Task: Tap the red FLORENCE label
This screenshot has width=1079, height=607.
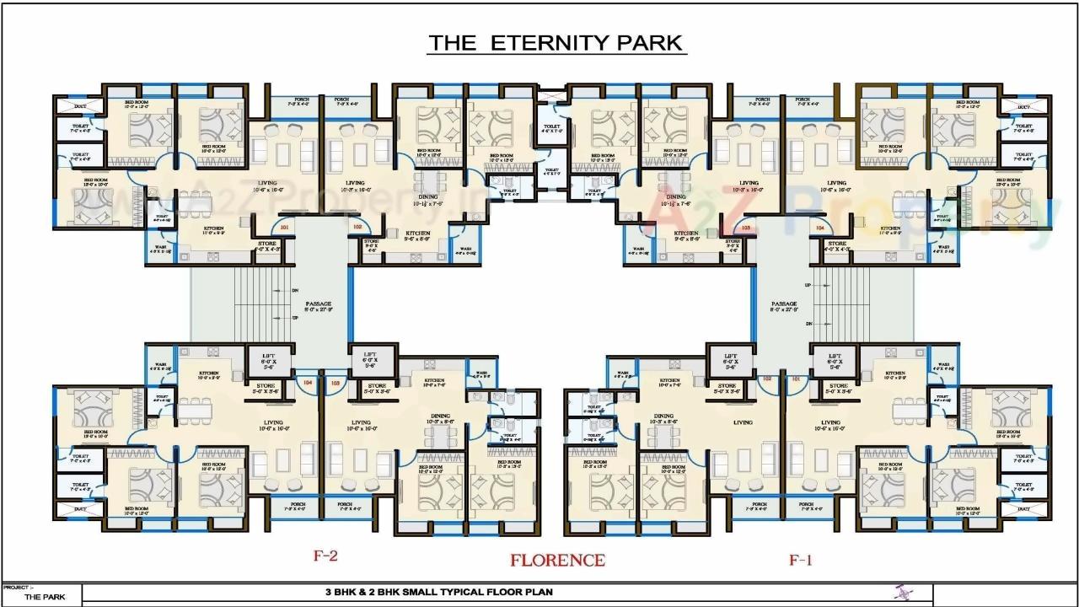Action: coord(556,560)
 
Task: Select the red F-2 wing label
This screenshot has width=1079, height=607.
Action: coord(326,556)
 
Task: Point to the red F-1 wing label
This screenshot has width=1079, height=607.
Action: coord(800,560)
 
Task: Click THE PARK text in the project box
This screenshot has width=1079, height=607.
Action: coord(43,597)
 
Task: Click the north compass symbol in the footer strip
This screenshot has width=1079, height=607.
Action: coord(901,593)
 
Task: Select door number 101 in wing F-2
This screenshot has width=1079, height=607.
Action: coord(284,227)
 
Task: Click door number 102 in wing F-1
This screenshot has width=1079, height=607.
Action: coord(767,379)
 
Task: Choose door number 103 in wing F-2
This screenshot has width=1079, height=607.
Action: coord(336,382)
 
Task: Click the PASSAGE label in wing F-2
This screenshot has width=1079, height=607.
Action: coord(319,303)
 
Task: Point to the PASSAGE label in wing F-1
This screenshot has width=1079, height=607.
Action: coord(784,303)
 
